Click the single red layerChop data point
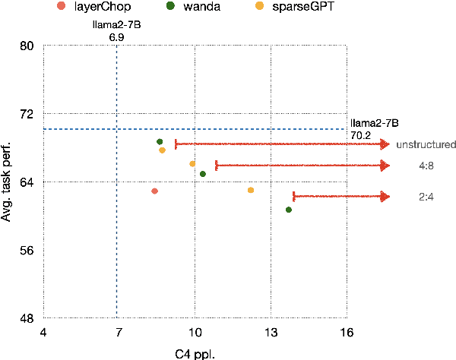(154, 191)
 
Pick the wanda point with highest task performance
(160, 142)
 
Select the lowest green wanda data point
(289, 210)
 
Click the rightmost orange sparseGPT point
(251, 190)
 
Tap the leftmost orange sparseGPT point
(162, 150)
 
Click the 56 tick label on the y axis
(26, 250)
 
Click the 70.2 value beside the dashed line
(360, 135)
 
